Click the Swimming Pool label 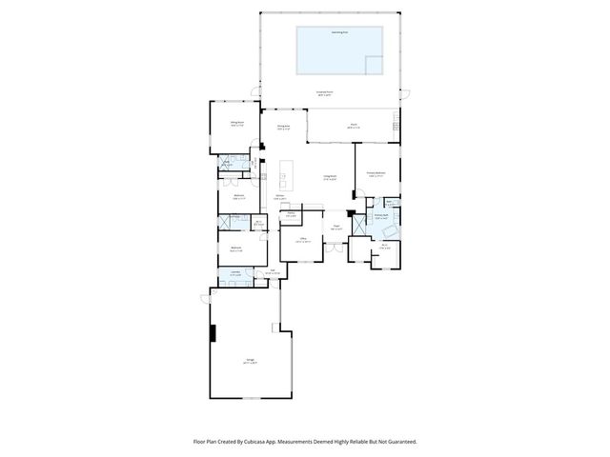click(x=338, y=31)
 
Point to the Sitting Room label click(x=236, y=124)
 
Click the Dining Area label click(x=283, y=128)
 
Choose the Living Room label click(x=331, y=178)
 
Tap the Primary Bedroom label click(x=376, y=173)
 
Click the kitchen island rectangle click(x=286, y=173)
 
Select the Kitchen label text click(x=281, y=197)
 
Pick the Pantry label click(x=289, y=214)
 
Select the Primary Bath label click(x=379, y=217)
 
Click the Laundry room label click(x=234, y=273)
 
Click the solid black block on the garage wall click(x=213, y=333)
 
